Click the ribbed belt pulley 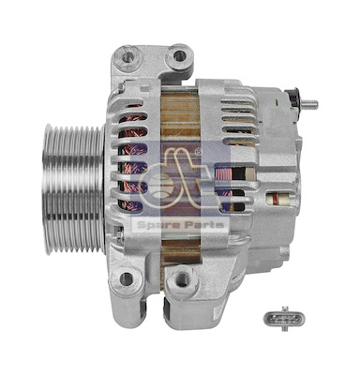point(74,189)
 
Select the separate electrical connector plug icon point(284,319)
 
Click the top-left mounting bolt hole point(127,57)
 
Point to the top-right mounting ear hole point(179,55)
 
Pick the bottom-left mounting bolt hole point(127,278)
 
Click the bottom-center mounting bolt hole point(182,279)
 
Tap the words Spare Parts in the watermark point(180,225)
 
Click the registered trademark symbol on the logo point(198,152)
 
